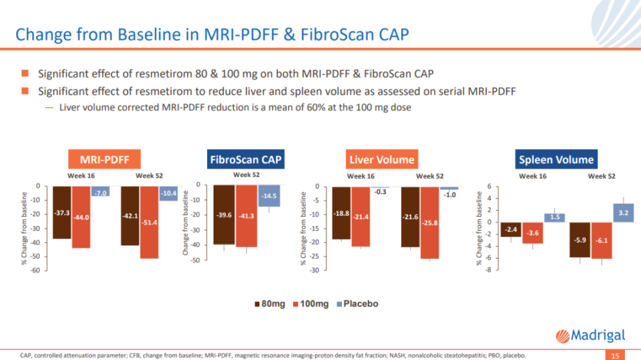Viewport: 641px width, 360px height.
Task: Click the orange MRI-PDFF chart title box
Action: coord(105,160)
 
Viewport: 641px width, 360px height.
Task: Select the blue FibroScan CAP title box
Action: coord(246,160)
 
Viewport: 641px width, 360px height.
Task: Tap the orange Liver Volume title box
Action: coord(381,160)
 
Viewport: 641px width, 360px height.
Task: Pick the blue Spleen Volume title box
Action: coord(556,160)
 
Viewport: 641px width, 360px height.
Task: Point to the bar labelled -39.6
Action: coord(224,215)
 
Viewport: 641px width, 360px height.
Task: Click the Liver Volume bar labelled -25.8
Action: coord(430,222)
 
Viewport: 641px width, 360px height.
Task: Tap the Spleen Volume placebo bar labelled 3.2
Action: coord(623,213)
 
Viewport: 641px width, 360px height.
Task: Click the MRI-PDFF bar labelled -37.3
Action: coord(61,212)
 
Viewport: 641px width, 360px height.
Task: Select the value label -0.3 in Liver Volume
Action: coord(381,192)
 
